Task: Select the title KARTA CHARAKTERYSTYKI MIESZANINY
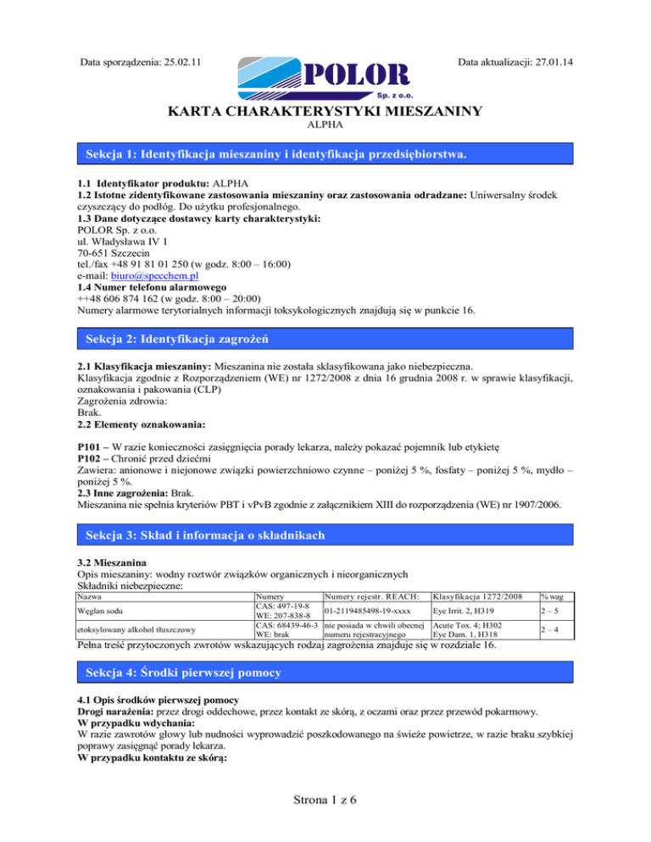click(325, 113)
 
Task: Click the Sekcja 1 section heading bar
click(325, 155)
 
